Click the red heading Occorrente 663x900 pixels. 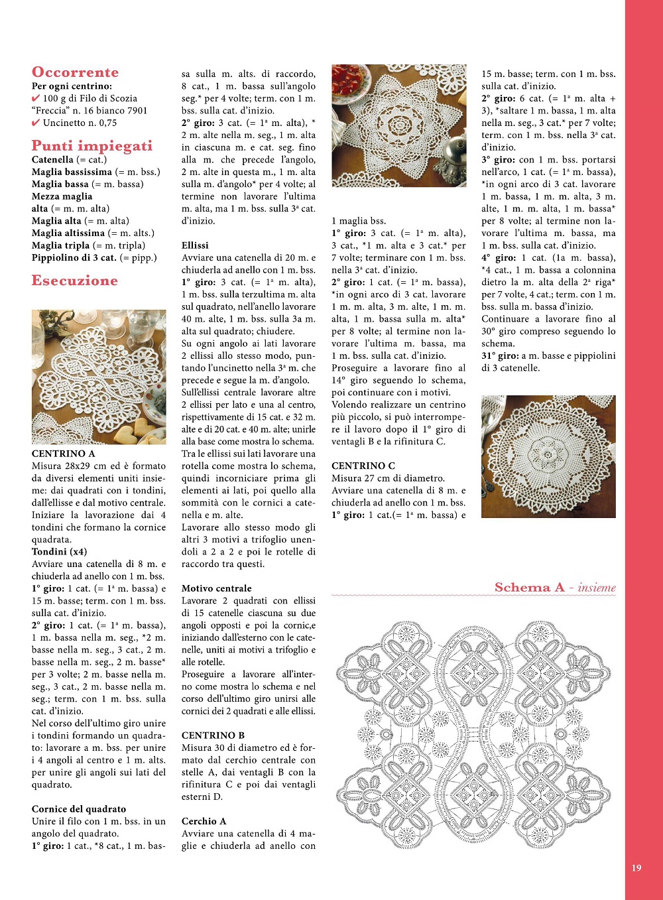[x=75, y=72]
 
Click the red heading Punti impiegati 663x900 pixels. [x=91, y=146]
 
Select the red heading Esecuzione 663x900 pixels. [x=74, y=281]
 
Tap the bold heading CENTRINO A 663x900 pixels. [x=63, y=454]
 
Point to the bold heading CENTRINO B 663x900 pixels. [x=213, y=736]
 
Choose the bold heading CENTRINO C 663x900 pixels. [x=363, y=466]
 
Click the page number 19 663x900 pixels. [x=636, y=868]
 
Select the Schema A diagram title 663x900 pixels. [x=554, y=588]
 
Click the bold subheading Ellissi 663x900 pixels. [x=195, y=245]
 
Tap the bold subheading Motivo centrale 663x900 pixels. [x=216, y=588]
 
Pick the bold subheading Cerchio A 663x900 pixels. [x=204, y=821]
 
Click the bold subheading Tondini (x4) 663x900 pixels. [x=59, y=552]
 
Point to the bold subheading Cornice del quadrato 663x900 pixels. [x=78, y=809]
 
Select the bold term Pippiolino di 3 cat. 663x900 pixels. [x=74, y=258]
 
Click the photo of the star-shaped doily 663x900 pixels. [x=399, y=125]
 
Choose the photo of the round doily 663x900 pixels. [x=548, y=456]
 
